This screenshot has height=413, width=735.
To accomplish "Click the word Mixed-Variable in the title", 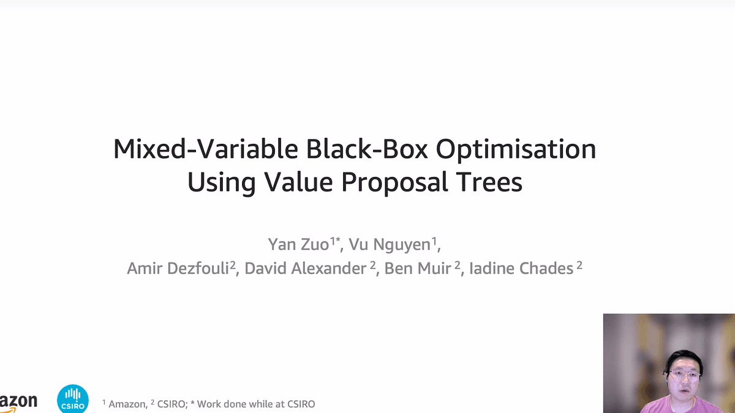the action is [x=206, y=149].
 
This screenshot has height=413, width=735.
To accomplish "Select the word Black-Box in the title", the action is [x=367, y=149].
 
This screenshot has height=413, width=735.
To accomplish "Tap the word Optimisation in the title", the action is [x=516, y=150].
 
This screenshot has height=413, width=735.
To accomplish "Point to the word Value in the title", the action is [x=299, y=182].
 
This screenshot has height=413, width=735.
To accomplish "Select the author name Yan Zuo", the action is [x=298, y=244].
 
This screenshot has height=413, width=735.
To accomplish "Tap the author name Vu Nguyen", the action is [x=390, y=245].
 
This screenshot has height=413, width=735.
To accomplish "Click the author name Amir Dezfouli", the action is [x=178, y=268].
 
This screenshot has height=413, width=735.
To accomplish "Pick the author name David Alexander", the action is [x=305, y=268].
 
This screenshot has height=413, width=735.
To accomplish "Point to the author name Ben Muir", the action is [x=418, y=268].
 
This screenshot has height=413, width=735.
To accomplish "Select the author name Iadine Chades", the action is [x=521, y=268].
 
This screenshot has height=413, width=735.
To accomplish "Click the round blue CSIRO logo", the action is [x=73, y=399].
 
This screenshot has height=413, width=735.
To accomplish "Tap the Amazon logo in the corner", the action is [x=18, y=403].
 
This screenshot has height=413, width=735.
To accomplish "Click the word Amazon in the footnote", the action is [x=127, y=404].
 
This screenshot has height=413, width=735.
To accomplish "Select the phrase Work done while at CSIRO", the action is [x=256, y=404].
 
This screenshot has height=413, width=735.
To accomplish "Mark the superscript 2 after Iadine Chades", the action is [x=579, y=265].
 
